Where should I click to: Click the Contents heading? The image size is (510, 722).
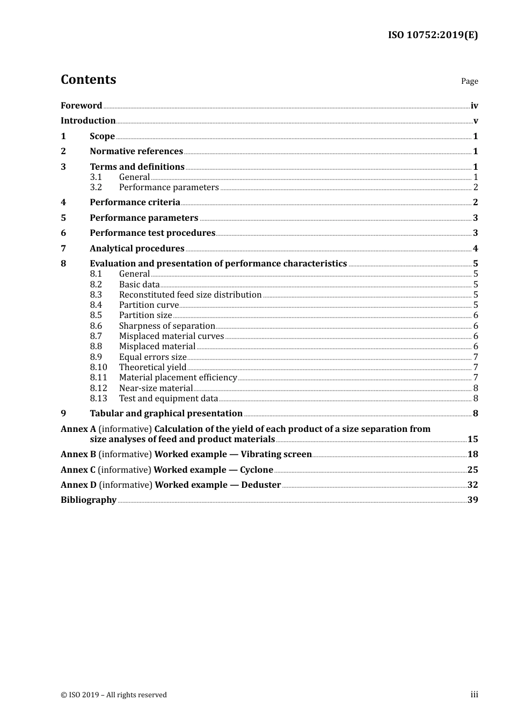88,80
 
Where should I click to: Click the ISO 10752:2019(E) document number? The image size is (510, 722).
433,35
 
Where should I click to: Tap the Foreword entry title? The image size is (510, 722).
81,106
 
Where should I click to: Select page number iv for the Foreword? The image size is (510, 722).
474,106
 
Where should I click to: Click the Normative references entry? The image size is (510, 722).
136,151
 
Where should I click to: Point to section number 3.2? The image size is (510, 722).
96,187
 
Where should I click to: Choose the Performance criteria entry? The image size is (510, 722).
135,203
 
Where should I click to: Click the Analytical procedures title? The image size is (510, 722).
137,249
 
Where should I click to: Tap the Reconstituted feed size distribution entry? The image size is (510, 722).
190,295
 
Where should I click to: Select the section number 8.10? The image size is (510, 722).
98,367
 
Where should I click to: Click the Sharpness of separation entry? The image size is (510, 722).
167,326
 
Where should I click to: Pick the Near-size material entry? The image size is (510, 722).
156,388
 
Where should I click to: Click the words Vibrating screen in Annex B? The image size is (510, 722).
276,454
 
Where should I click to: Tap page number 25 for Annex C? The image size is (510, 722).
472,470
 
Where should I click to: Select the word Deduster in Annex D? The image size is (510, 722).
261,485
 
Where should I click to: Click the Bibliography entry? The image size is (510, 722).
89,500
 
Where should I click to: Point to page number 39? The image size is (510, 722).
472,500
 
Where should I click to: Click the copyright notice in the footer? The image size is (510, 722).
114,695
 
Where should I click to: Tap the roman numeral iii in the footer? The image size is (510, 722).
474,695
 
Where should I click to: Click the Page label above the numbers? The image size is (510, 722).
469,81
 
